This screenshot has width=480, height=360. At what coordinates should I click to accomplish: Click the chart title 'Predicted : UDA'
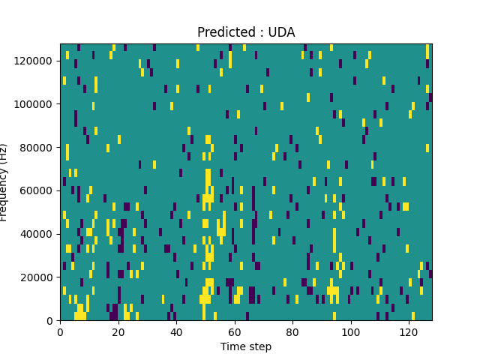[246, 32]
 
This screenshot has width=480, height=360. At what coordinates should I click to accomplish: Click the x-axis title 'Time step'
[246, 346]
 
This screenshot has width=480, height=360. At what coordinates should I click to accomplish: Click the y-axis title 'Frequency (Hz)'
[4, 182]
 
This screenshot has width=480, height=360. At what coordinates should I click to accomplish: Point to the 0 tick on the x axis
[60, 331]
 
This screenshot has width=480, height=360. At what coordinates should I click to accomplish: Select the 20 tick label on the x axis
[118, 331]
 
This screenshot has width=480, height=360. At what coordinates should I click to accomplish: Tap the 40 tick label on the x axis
[176, 331]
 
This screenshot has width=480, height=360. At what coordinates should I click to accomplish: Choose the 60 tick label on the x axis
[235, 331]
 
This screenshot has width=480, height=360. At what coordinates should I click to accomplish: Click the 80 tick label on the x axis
[292, 331]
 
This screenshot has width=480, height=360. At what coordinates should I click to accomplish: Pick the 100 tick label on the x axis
[351, 331]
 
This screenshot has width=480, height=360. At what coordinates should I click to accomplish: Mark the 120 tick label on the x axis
[409, 331]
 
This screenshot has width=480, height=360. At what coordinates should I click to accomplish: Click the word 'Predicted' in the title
[223, 32]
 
